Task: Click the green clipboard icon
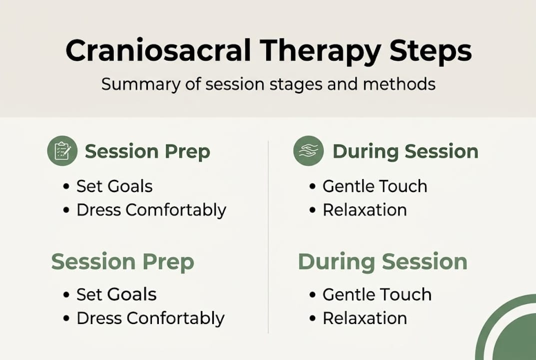(x=62, y=151)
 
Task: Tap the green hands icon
(x=308, y=151)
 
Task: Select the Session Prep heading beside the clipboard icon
(x=147, y=151)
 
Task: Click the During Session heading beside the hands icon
(x=405, y=151)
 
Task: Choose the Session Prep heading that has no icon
(x=122, y=262)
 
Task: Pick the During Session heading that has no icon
(x=383, y=262)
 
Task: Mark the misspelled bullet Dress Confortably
(x=150, y=318)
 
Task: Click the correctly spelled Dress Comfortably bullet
(x=151, y=210)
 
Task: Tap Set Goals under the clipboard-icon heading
(x=114, y=186)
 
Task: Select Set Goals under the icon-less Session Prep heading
(x=116, y=294)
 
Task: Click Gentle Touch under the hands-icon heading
(x=375, y=186)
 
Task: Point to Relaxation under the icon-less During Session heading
(x=365, y=318)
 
